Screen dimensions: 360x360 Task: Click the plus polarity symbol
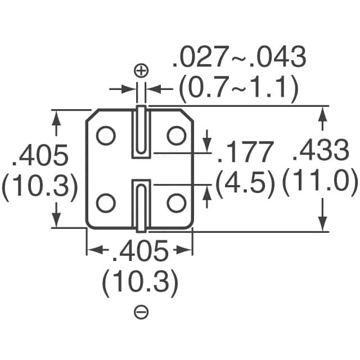point(141,70)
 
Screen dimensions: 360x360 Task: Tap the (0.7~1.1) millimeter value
point(238,87)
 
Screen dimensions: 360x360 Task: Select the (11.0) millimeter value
point(319,182)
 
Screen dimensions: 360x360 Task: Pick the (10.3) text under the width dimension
point(140,283)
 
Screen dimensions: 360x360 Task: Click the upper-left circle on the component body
point(105,135)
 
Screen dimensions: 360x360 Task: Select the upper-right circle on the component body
point(176,135)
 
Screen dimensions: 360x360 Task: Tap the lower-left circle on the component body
point(105,202)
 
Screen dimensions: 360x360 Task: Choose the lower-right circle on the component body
point(176,202)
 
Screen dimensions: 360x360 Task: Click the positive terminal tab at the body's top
point(141,130)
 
